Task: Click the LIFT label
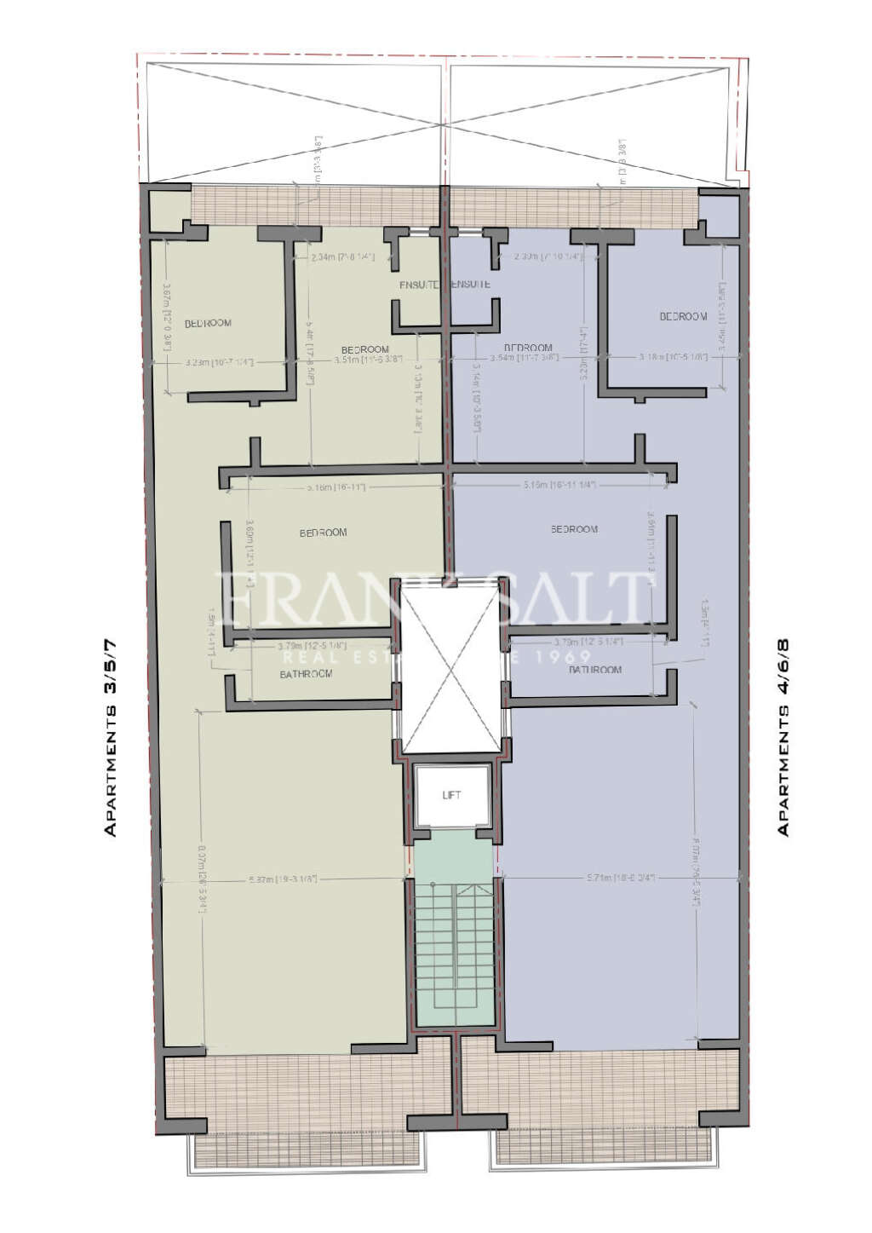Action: point(451,795)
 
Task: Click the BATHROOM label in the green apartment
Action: point(306,674)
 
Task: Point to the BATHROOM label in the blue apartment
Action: point(595,670)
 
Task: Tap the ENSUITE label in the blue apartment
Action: point(469,284)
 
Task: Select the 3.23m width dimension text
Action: point(220,362)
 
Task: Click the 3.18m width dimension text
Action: point(673,357)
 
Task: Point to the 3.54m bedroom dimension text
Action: point(531,358)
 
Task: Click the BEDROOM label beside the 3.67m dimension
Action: point(208,323)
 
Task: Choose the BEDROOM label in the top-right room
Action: point(683,316)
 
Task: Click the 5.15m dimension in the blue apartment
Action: point(559,485)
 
